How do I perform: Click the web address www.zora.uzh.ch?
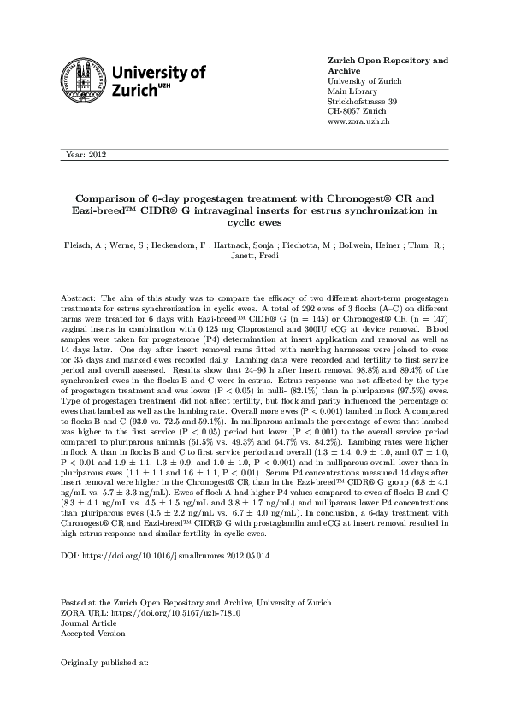pyautogui.click(x=359, y=122)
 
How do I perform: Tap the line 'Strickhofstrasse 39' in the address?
pyautogui.click(x=363, y=102)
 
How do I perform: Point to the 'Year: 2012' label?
pyautogui.click(x=85, y=155)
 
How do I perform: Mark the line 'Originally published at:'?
pyautogui.click(x=105, y=663)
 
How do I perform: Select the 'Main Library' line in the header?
pyautogui.click(x=352, y=91)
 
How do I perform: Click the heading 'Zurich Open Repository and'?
pyautogui.click(x=388, y=61)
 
